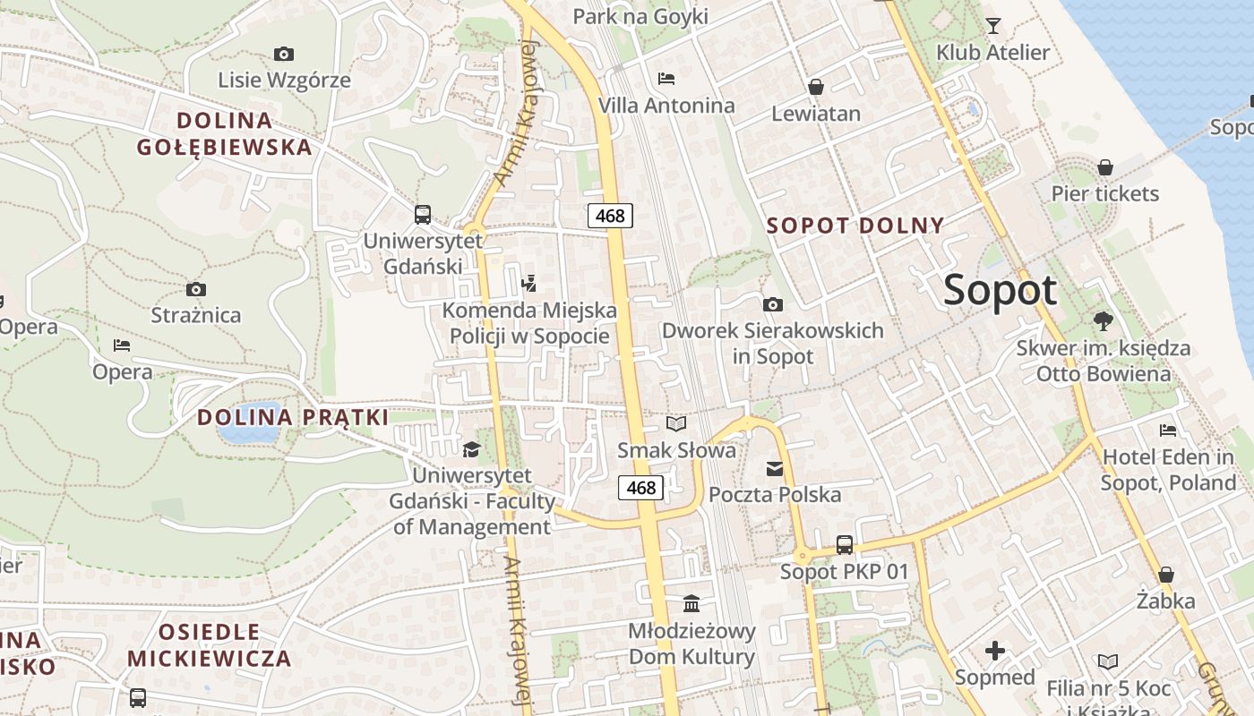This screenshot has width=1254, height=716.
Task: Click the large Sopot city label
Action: (x=1000, y=291)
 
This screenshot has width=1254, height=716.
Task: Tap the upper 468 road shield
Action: (x=611, y=216)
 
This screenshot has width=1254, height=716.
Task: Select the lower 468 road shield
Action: (x=641, y=488)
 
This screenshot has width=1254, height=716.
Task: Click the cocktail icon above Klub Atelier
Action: (x=992, y=25)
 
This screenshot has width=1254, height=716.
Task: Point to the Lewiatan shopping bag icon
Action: (x=815, y=87)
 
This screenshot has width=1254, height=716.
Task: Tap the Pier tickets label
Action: (x=1104, y=193)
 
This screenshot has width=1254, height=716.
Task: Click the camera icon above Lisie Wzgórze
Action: (x=284, y=54)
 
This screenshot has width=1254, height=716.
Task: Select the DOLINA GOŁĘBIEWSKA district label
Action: (x=225, y=133)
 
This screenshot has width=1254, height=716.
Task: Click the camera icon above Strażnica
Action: (x=195, y=289)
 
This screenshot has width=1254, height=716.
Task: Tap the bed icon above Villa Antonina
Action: (x=666, y=79)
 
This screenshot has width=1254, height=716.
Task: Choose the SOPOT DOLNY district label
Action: (x=855, y=226)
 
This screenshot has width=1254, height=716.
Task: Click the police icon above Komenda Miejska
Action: (x=528, y=285)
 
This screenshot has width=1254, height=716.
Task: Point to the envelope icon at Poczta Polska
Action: (x=774, y=468)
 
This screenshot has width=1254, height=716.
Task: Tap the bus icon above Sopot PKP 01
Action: (x=844, y=544)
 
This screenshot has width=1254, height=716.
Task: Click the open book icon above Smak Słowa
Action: (x=676, y=423)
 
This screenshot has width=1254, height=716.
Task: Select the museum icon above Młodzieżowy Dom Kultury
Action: (x=691, y=603)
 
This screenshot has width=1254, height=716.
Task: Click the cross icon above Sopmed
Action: (x=994, y=651)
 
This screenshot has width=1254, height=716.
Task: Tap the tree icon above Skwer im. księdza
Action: (x=1103, y=320)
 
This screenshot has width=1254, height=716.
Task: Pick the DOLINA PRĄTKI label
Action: (x=293, y=417)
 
